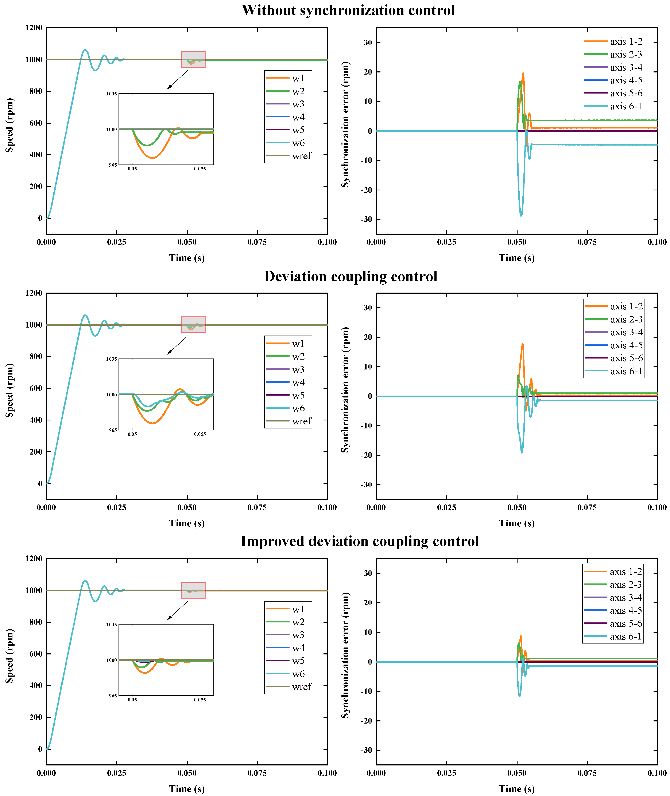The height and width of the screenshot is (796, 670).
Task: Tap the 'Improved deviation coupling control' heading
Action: coord(360,541)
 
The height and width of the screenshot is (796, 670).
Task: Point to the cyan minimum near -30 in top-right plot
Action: coord(521,215)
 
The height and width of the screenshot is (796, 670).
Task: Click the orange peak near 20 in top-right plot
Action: coord(523,74)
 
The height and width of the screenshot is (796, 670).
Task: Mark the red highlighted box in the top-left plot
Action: coord(193,60)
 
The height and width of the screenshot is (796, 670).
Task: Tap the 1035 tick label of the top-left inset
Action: coord(111,94)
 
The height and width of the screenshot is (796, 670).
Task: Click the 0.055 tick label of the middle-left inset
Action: coord(200,434)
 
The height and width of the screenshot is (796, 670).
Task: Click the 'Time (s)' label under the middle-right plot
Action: coord(516,523)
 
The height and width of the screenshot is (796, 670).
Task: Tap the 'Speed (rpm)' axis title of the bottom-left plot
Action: coord(9,656)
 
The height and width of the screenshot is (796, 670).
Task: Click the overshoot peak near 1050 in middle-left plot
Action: coord(85,315)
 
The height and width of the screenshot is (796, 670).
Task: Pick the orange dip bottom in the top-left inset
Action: coord(152,158)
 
